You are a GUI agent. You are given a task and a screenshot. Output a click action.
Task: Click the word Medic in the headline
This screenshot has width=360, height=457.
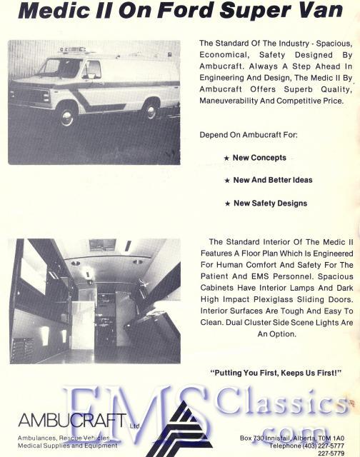(x=50, y=12)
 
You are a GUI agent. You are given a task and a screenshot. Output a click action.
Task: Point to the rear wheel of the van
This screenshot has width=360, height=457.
(x=149, y=109)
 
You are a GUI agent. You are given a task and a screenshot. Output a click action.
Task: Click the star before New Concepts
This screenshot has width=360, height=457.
(x=226, y=158)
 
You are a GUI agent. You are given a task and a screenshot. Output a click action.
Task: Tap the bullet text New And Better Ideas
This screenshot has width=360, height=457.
(x=272, y=180)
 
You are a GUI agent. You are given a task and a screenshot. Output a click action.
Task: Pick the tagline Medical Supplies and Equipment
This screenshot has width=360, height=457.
(x=68, y=446)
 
